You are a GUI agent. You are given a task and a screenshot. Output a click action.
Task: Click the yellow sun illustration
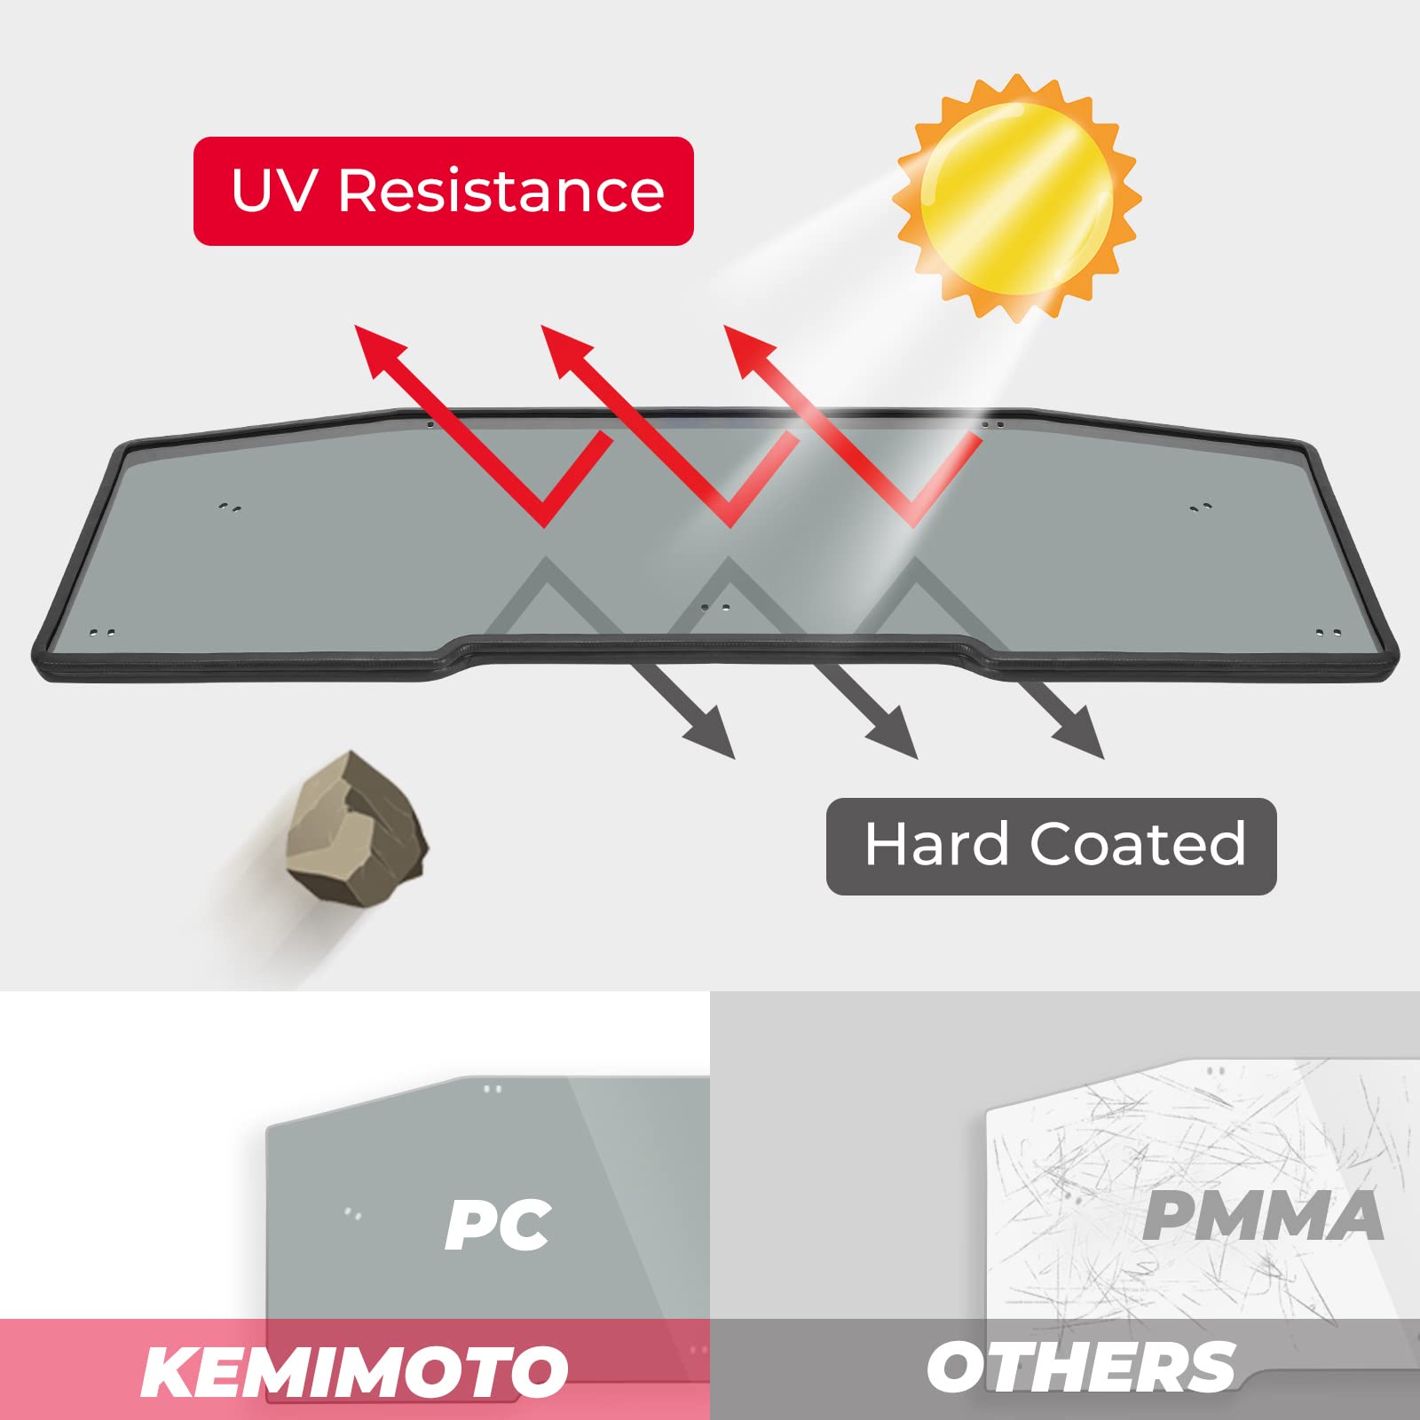(1017, 198)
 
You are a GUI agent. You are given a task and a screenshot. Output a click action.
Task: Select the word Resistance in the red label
(501, 190)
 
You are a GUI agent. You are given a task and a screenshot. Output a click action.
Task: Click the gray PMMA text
(1262, 1216)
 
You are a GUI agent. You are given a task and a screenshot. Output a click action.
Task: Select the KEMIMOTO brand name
(354, 1371)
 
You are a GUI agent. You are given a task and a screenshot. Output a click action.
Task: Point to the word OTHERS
(1081, 1368)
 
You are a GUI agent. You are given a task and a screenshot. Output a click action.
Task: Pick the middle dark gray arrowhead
(895, 737)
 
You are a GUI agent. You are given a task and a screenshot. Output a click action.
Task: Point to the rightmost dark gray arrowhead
(1081, 737)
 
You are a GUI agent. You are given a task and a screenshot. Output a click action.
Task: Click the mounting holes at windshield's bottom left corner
(102, 634)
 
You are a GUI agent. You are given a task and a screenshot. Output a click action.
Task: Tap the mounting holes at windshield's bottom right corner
(1328, 634)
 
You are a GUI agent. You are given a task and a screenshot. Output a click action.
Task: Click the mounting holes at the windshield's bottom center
(715, 608)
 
